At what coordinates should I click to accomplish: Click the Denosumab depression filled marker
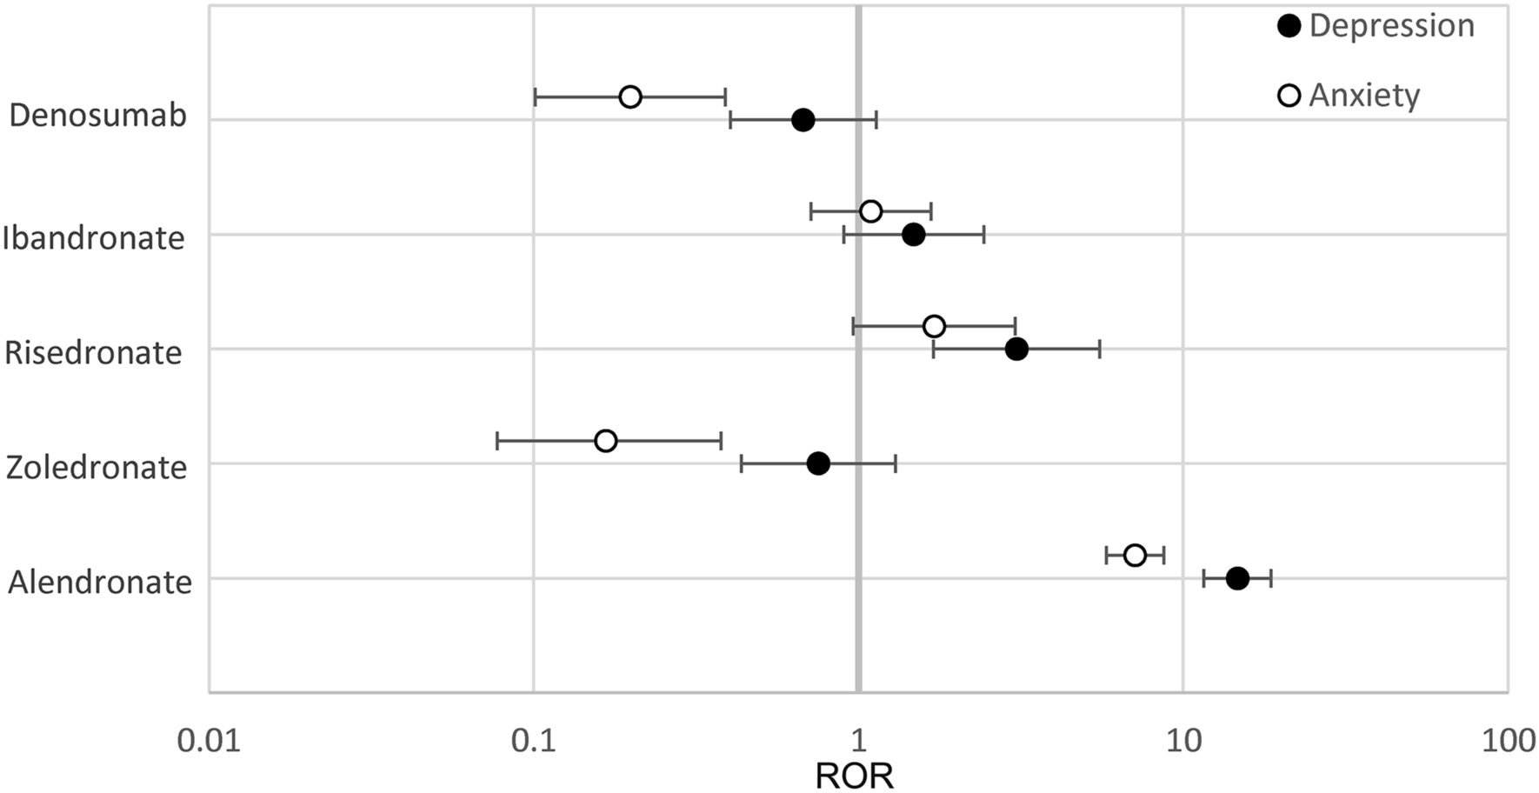pos(803,120)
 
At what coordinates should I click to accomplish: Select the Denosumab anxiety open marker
pos(630,97)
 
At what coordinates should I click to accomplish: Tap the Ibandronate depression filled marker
pos(913,235)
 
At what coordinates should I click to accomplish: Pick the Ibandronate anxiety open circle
pos(870,211)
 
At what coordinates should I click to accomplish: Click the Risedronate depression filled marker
pos(1016,350)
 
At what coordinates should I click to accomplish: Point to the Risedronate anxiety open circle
pos(934,326)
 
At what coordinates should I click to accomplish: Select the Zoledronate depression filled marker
pos(818,463)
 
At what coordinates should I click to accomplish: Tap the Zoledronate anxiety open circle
pos(606,441)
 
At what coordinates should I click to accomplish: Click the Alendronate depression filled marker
pos(1237,578)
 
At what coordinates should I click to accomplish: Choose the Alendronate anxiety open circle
pos(1135,555)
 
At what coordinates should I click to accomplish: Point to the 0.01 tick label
pos(208,741)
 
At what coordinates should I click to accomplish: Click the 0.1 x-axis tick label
pos(532,741)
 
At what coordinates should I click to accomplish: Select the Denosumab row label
pos(98,116)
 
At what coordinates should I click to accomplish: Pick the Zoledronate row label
pos(97,468)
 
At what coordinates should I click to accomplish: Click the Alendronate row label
pos(100,583)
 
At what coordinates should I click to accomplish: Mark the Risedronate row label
pos(94,353)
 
